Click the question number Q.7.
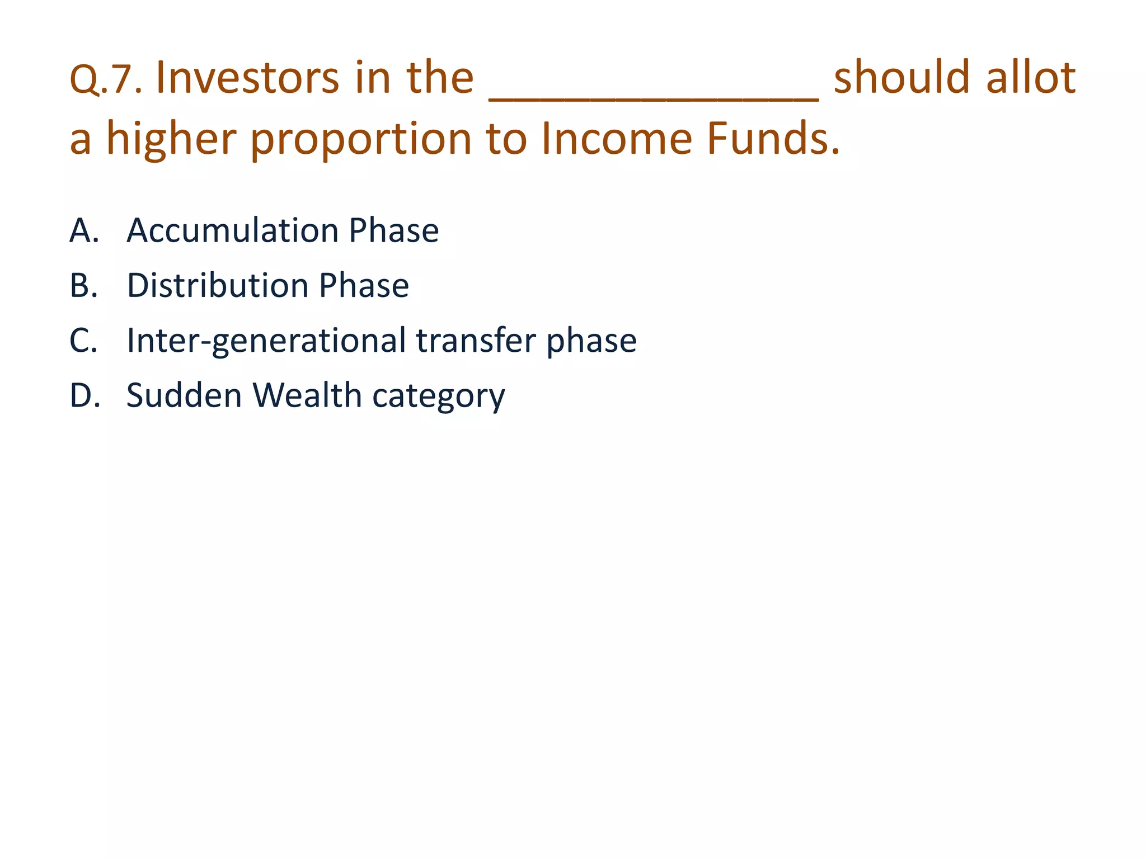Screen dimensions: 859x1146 [105, 79]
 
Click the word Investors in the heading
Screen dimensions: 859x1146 [247, 78]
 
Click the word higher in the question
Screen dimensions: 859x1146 [171, 139]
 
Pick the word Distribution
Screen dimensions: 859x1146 [218, 285]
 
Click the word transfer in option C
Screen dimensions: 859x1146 [476, 340]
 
